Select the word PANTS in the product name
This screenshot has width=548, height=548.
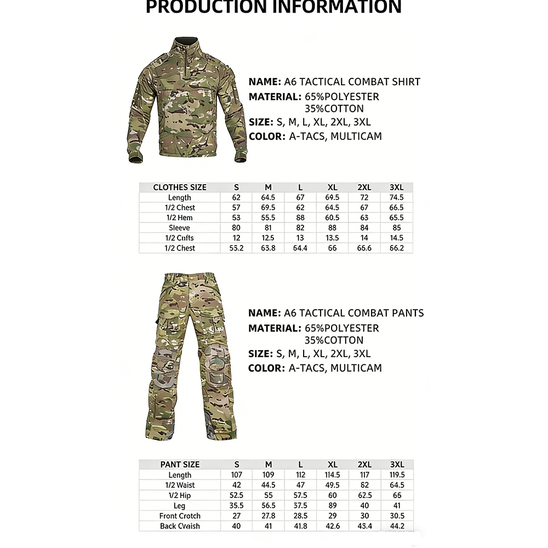point(407,313)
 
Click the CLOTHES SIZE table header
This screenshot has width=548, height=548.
point(180,187)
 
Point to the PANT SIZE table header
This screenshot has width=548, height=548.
point(180,465)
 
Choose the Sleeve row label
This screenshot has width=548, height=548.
point(180,228)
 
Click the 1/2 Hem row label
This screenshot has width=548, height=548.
point(180,218)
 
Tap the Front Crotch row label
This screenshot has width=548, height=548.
point(180,516)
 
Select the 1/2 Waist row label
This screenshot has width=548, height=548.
point(180,485)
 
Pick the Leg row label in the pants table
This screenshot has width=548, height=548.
point(180,506)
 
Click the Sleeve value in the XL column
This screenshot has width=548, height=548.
point(333,228)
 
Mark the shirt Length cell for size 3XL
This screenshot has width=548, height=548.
point(396,197)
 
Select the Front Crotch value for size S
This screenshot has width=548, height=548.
point(237,516)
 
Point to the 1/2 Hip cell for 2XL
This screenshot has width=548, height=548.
point(364,495)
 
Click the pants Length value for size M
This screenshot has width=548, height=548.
point(269,475)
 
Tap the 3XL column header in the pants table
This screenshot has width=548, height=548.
point(396,465)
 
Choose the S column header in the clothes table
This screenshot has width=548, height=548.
point(237,187)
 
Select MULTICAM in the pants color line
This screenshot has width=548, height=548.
point(356,368)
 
